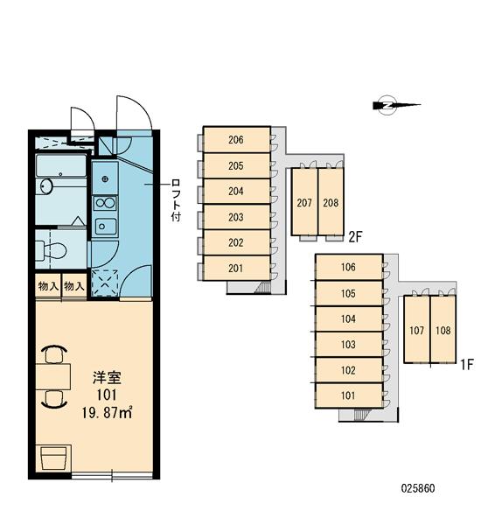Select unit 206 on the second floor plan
tap(237, 140)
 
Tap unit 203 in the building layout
tap(237, 217)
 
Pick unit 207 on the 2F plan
tap(304, 202)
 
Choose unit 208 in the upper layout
tap(331, 202)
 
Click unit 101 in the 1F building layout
tap(349, 395)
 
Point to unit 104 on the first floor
tap(349, 318)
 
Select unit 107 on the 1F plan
tap(417, 330)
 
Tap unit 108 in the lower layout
tap(443, 330)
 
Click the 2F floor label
tap(355, 237)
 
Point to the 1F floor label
tap(467, 364)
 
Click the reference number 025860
tap(418, 488)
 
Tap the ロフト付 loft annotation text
tap(176, 199)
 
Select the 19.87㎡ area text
tap(107, 412)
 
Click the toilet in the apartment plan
tap(52, 249)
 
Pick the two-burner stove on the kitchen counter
tap(105, 203)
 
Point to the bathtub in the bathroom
tap(60, 165)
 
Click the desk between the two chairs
tap(53, 376)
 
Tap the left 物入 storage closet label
tap(48, 286)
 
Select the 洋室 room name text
tap(107, 378)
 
